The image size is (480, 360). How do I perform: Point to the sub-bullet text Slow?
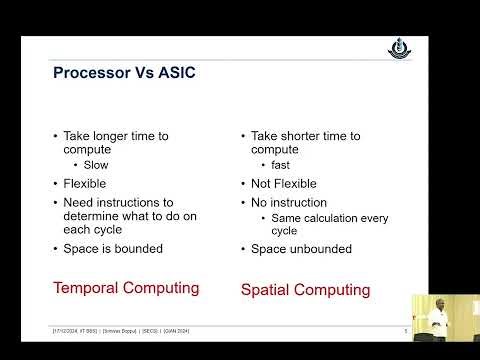[x=96, y=165]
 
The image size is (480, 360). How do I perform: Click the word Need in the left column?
[x=79, y=201]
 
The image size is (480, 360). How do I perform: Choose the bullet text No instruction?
[x=288, y=201]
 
